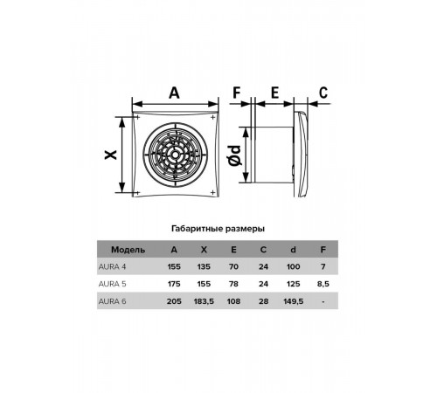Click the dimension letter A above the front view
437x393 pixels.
pyautogui.click(x=174, y=93)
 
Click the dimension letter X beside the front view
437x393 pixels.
pyautogui.click(x=111, y=155)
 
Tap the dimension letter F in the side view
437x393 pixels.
pyautogui.click(x=237, y=93)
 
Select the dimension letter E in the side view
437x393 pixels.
pyautogui.click(x=274, y=93)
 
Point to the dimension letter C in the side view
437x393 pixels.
pyautogui.click(x=323, y=93)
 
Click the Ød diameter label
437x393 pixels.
pyautogui.click(x=235, y=155)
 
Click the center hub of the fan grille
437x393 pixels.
pyautogui.click(x=175, y=155)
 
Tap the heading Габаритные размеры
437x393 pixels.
pyautogui.click(x=218, y=229)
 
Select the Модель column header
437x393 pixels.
pyautogui.click(x=128, y=250)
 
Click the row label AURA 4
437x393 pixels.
pyautogui.click(x=112, y=266)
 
